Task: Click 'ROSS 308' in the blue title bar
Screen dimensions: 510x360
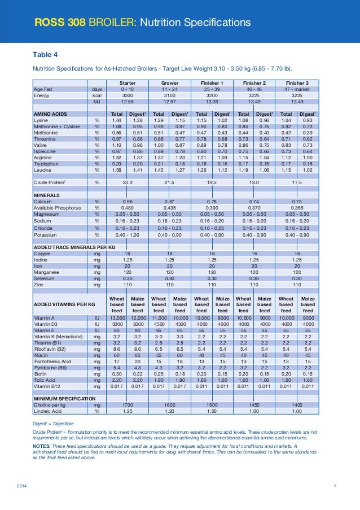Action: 56,23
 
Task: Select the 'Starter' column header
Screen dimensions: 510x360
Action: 127,82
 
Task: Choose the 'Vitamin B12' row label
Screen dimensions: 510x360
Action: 47,387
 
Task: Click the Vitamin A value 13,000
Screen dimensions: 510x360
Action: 117,319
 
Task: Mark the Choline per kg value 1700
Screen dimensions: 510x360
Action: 127,405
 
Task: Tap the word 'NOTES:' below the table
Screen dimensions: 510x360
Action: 44,446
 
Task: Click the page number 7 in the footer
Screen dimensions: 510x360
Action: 335,486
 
